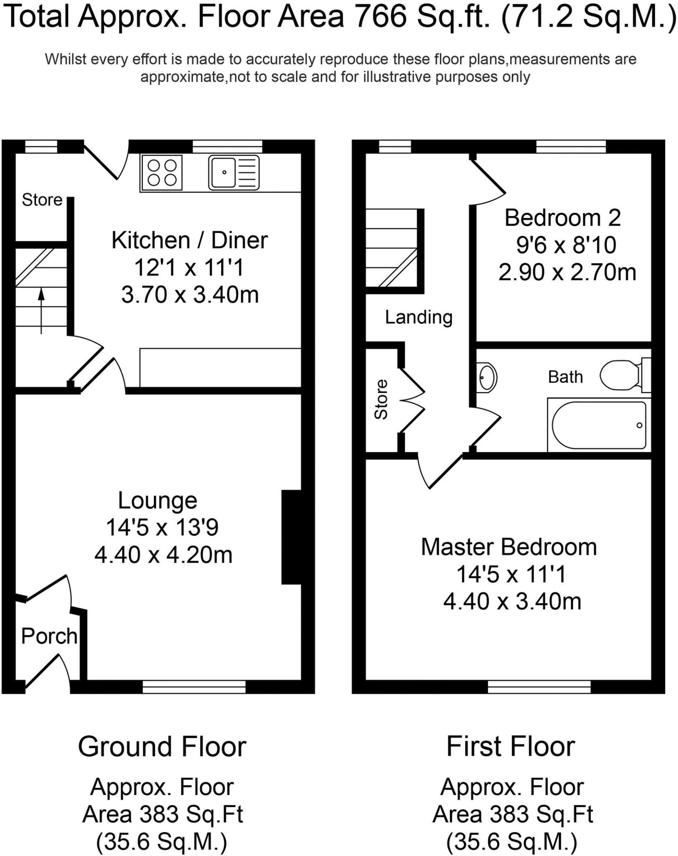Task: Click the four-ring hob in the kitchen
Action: pyautogui.click(x=162, y=173)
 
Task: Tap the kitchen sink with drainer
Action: pyautogui.click(x=234, y=172)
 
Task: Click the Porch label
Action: pyautogui.click(x=49, y=637)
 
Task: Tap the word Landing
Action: pyautogui.click(x=419, y=317)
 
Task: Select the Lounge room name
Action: pyautogui.click(x=157, y=501)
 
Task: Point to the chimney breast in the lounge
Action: pyautogui.click(x=292, y=537)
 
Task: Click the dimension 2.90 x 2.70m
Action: pyautogui.click(x=567, y=273)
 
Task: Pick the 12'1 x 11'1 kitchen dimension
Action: pyautogui.click(x=188, y=267)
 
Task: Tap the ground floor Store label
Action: pyautogui.click(x=42, y=200)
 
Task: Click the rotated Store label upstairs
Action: pyautogui.click(x=381, y=399)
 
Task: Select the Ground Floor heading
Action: pyautogui.click(x=162, y=747)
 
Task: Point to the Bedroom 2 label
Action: pyautogui.click(x=562, y=218)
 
